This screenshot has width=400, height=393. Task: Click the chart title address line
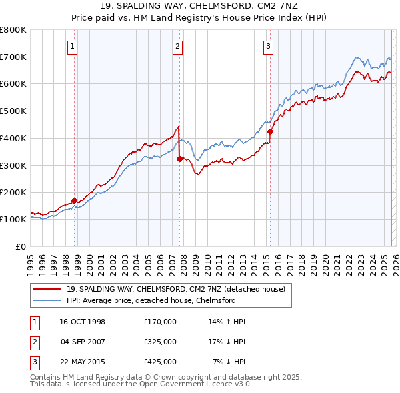[x=200, y=6]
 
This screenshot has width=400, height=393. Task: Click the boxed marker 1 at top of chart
[x=71, y=46]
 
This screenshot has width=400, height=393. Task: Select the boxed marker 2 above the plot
[x=178, y=46]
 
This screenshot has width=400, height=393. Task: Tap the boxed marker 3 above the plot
[x=268, y=46]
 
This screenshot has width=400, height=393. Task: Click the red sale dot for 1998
[x=74, y=200]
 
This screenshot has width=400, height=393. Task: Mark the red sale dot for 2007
[x=179, y=159]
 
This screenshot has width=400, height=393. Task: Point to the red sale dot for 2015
[x=270, y=131]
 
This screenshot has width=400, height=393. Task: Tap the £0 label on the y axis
[x=20, y=246]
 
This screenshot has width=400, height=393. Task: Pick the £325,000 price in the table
[x=160, y=342]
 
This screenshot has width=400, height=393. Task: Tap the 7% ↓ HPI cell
[x=229, y=362]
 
